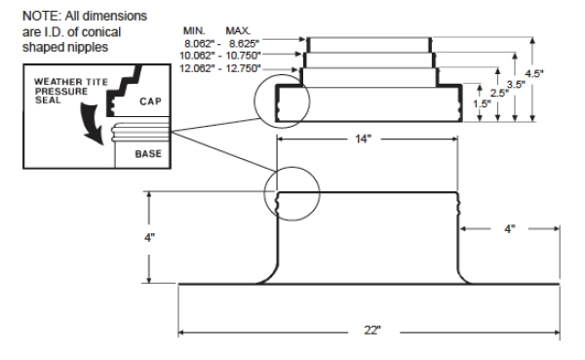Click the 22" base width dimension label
pos(372,331)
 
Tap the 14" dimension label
pos(363,140)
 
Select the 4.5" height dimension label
pos(534,73)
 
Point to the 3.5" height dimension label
pos(516,85)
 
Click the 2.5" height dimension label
pos(499,93)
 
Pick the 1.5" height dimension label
pos(482,103)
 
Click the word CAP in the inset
pos(150,101)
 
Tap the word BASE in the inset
pos(148,154)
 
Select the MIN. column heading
pos(194,31)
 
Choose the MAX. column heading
pos(238,31)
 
